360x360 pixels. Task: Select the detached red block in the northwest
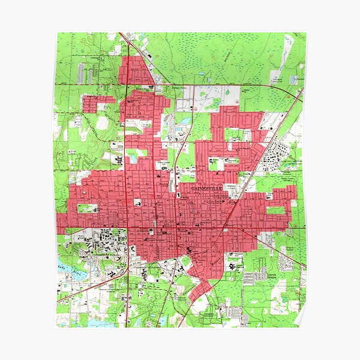tap(97, 103)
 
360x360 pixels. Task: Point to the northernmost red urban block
tap(135, 71)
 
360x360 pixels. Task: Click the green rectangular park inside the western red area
tap(87, 209)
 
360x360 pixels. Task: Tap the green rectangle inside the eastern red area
tap(276, 210)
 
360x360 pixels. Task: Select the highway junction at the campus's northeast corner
tap(128, 229)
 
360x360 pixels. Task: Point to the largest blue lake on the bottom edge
tap(99, 322)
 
